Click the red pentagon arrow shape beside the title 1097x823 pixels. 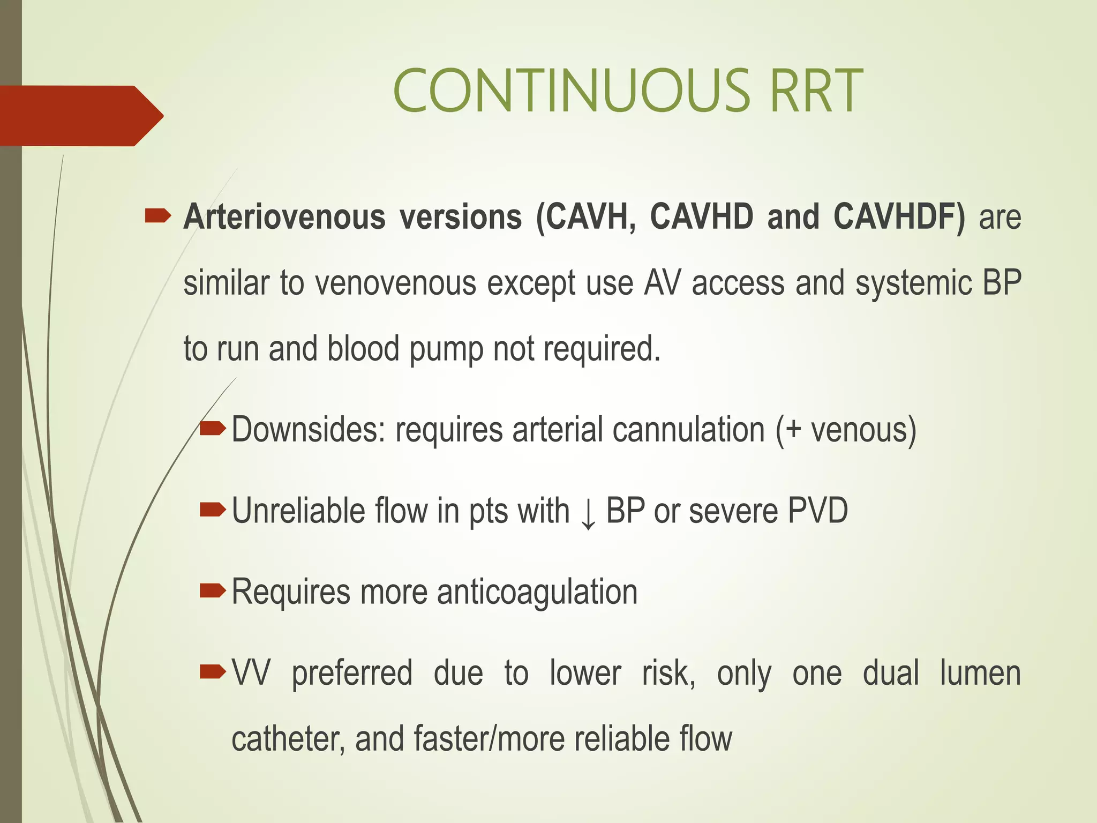(x=80, y=115)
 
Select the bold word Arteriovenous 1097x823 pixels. (x=284, y=217)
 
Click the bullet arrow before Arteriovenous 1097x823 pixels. (x=158, y=216)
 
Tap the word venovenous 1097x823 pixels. (x=395, y=283)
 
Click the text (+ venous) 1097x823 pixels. (x=846, y=430)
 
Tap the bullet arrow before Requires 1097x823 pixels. (x=213, y=591)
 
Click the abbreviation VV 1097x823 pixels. (x=251, y=674)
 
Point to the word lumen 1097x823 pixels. (x=980, y=674)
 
